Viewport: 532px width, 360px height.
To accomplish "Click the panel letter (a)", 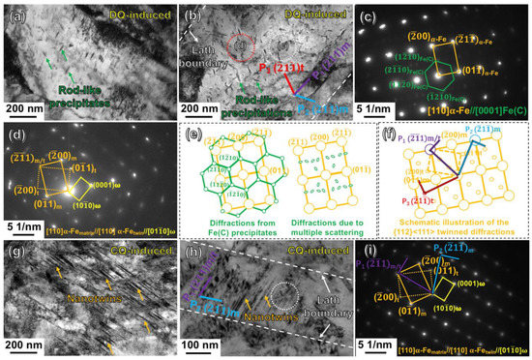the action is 14,15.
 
